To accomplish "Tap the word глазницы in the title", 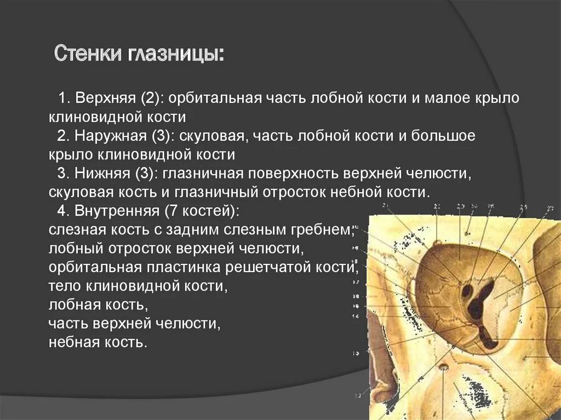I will click(176, 55).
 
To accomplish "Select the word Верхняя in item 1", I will click(105, 99).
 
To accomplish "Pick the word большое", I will click(445, 136).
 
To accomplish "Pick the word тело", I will click(62, 286).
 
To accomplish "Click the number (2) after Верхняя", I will click(151, 99).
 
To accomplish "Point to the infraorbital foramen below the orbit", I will click(443, 366).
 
